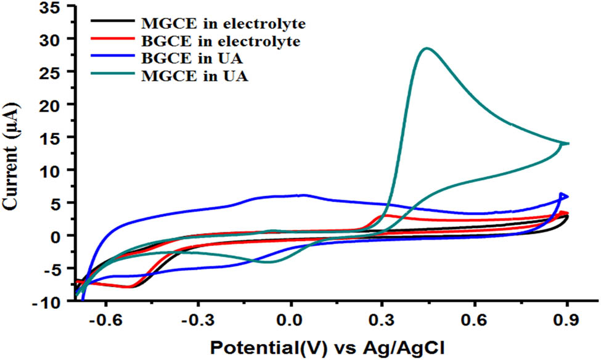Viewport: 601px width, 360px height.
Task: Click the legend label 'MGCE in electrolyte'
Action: [224, 24]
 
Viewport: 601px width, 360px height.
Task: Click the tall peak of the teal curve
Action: [425, 49]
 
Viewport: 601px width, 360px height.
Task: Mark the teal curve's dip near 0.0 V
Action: [269, 262]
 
